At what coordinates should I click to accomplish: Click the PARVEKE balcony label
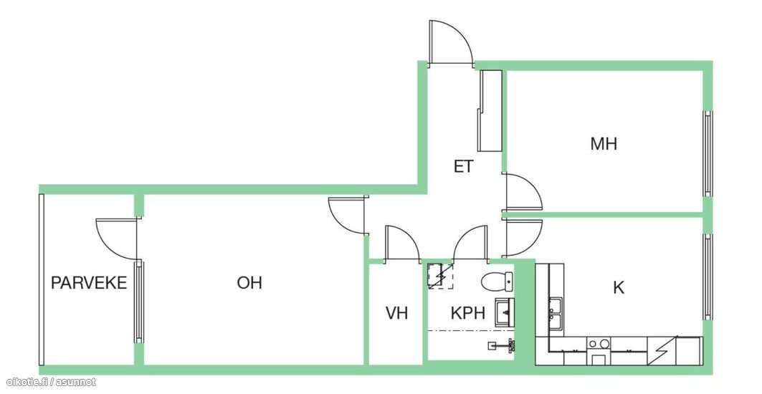tap(89, 283)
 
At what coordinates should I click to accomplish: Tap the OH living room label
tap(249, 283)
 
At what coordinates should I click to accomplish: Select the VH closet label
tap(396, 313)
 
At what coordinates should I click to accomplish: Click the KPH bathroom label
tap(468, 313)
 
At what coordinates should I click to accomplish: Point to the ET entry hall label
tap(463, 167)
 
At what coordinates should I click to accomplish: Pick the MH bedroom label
tap(604, 144)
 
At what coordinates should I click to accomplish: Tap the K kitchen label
tap(619, 289)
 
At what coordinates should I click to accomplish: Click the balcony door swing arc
tap(115, 239)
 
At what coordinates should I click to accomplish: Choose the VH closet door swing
tap(401, 244)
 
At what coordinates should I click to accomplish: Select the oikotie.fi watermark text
tap(49, 383)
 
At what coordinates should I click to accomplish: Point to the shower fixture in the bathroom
tap(503, 346)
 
